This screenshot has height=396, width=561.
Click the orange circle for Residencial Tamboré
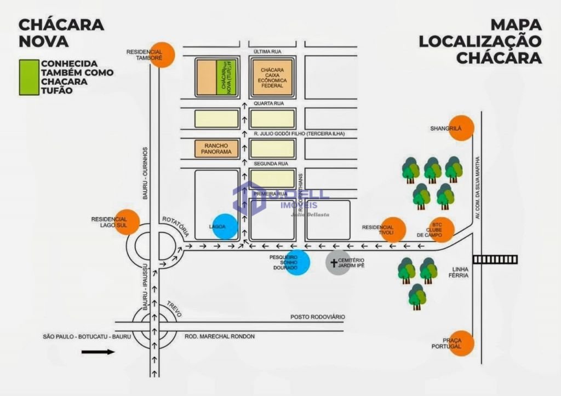click(x=162, y=55)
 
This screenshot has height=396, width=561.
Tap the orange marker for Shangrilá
click(x=461, y=128)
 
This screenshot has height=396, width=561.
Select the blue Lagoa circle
click(x=225, y=226)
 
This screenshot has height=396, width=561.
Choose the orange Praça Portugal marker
click(x=461, y=343)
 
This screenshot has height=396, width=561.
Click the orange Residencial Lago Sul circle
click(x=127, y=222)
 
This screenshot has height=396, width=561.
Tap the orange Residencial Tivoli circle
click(x=393, y=230)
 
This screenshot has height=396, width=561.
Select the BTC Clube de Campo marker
click(x=442, y=230)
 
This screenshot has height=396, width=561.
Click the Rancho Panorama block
click(x=217, y=149)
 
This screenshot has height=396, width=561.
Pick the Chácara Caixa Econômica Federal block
click(x=272, y=78)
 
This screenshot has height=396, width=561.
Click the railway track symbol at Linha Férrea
click(x=495, y=259)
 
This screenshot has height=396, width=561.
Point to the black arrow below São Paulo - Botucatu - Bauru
click(x=98, y=352)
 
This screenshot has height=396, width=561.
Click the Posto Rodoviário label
click(x=317, y=318)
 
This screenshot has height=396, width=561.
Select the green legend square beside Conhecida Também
click(x=29, y=77)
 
